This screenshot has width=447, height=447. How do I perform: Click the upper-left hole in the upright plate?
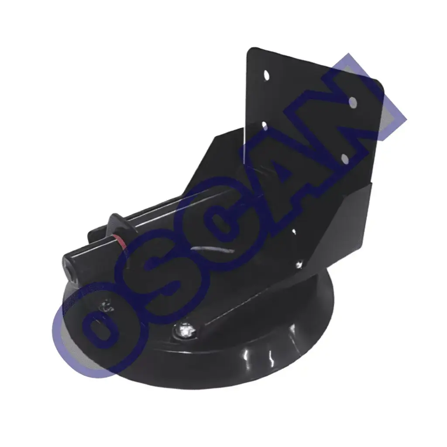click(267, 75)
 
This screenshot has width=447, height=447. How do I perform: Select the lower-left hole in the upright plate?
click(264, 126)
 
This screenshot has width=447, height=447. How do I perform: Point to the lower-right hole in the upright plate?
click(344, 158)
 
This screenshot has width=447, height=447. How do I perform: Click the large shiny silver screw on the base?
click(184, 331)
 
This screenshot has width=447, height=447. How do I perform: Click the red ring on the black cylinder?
click(119, 241)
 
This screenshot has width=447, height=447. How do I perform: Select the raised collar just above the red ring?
click(119, 224)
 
